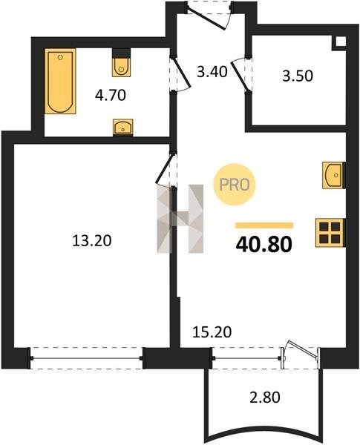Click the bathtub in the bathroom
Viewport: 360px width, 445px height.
[60, 81]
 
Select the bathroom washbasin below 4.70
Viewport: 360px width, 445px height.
[122, 127]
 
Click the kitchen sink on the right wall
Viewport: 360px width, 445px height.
[333, 175]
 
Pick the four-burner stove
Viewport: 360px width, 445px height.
[330, 233]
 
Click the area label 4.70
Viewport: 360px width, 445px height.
[111, 95]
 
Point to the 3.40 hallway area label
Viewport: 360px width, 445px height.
[212, 72]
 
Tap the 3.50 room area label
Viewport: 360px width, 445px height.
[298, 76]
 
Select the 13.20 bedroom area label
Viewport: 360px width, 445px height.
[92, 241]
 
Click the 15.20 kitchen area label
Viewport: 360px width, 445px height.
[212, 332]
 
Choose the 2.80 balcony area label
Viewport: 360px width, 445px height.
[264, 397]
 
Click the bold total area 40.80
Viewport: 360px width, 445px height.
[264, 245]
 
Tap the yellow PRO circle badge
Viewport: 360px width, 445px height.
[235, 185]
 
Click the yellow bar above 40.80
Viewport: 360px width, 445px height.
[264, 225]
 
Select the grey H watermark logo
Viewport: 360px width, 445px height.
[180, 219]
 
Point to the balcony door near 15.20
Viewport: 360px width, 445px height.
[301, 355]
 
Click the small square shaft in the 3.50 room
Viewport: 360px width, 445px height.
[341, 42]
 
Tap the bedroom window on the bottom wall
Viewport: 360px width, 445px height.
[86, 358]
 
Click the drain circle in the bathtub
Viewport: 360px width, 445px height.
[60, 57]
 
